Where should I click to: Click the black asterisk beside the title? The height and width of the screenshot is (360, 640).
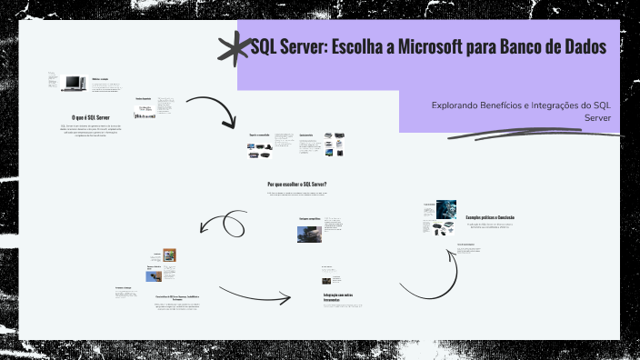pos(235,49)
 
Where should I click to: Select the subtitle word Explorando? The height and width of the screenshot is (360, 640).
pos(461,106)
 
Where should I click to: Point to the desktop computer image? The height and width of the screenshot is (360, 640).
pos(72,85)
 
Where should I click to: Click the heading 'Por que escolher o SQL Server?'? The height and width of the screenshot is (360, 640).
pos(297,184)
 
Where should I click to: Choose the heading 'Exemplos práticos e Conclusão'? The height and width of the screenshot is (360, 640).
pos(490,217)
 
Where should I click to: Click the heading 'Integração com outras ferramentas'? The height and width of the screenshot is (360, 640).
pos(337,298)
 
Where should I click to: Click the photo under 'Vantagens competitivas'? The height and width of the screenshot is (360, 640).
pos(309,234)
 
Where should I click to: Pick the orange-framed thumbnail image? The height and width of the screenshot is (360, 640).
pos(169,255)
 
